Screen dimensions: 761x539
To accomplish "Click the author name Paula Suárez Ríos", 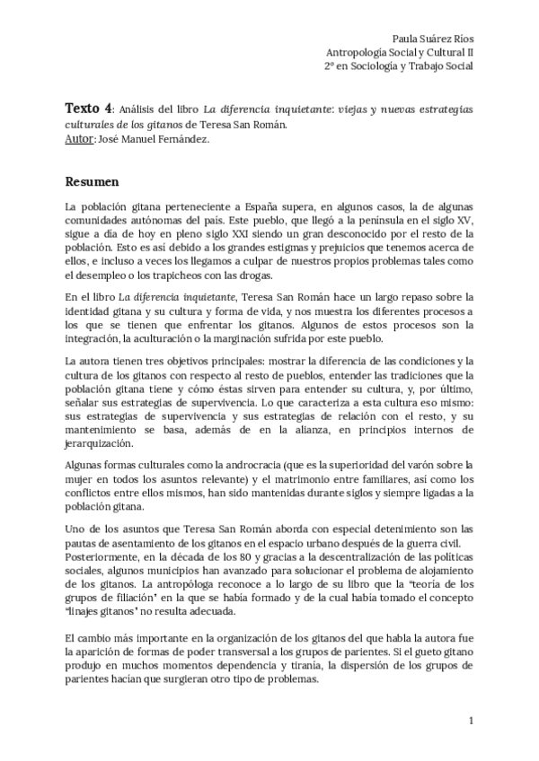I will pos(434,39).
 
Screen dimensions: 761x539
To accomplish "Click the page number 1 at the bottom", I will pos(471,721).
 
